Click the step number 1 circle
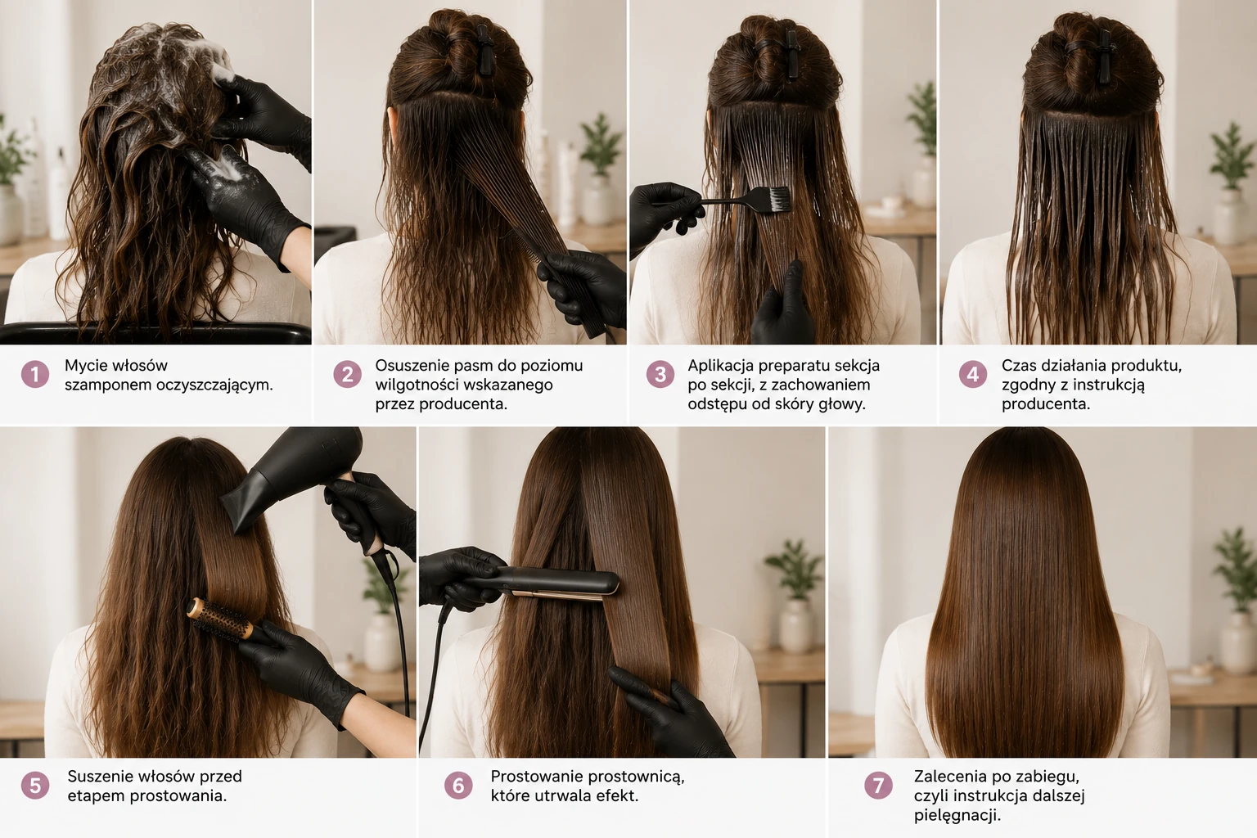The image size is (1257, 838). click(35, 374)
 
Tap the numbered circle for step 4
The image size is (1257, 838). click(973, 374)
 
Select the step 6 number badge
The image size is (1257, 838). click(458, 786)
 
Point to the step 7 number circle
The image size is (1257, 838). click(878, 786)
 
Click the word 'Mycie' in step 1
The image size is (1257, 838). click(86, 367)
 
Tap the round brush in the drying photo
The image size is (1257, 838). click(222, 620)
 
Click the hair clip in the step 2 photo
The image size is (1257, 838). click(484, 51)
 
